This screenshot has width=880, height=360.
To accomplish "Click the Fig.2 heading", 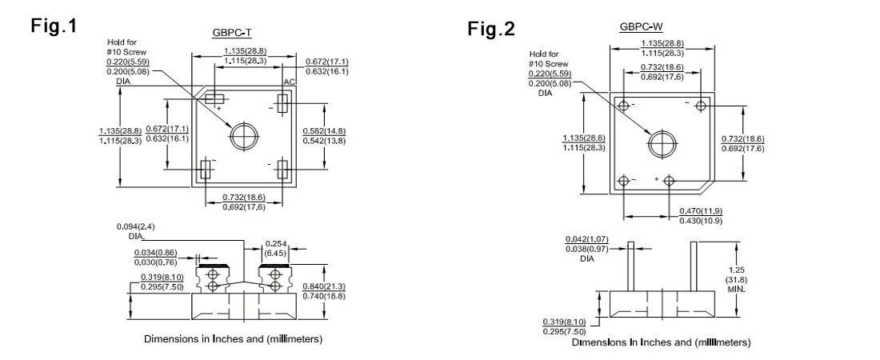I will tap(492, 29).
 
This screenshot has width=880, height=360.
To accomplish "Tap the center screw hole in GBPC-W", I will tap(662, 143).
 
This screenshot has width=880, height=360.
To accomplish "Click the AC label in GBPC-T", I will tap(290, 83).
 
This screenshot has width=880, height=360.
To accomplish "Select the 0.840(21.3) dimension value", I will tap(322, 287).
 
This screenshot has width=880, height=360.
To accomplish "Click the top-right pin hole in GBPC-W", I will tap(702, 106).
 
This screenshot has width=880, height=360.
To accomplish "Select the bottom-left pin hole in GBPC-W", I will tap(622, 180).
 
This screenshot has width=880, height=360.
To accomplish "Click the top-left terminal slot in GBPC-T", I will tap(212, 98).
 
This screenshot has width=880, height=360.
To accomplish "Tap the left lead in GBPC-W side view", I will tap(630, 265).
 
